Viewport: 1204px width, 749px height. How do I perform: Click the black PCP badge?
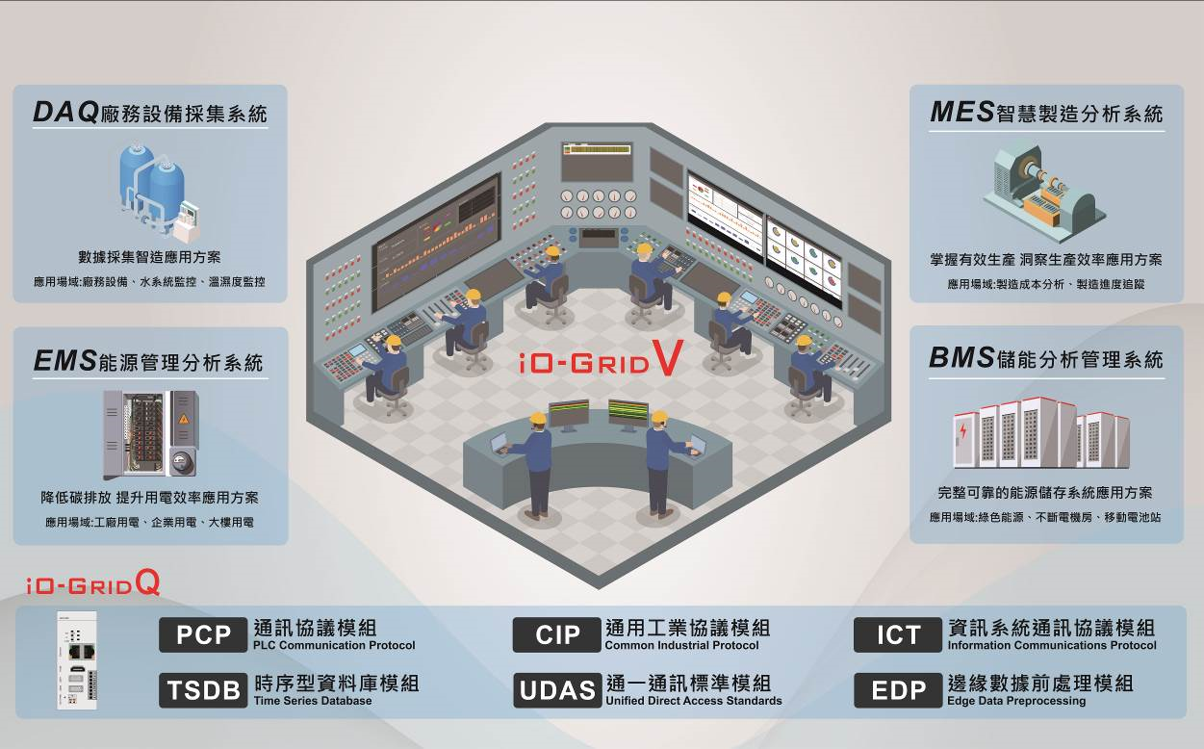tap(203, 635)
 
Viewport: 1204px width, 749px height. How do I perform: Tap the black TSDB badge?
tap(203, 690)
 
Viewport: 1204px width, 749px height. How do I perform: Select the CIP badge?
tap(557, 635)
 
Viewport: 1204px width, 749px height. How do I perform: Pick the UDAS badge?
tap(557, 690)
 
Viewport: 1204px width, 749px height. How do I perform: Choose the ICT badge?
tap(898, 635)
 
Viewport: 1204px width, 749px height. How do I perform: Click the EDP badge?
tap(898, 690)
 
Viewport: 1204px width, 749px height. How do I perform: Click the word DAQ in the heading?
tap(65, 113)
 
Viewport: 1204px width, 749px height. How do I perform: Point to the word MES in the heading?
tap(962, 113)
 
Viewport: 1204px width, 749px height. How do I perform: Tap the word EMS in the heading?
tap(65, 361)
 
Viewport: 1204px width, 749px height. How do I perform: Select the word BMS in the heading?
tap(961, 357)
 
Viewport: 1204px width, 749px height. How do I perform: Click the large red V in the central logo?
tap(668, 357)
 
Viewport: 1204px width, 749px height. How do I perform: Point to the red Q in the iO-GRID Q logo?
tap(148, 582)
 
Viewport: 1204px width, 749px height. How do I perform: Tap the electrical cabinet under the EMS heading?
tap(150, 434)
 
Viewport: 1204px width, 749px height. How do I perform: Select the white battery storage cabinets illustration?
tap(1041, 433)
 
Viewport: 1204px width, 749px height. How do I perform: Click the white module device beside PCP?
tap(77, 660)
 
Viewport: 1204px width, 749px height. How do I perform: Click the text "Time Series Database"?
tap(313, 701)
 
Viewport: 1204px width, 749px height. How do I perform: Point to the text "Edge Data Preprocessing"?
tap(1016, 701)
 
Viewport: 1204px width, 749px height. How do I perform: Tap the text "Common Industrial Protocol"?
tap(681, 645)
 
